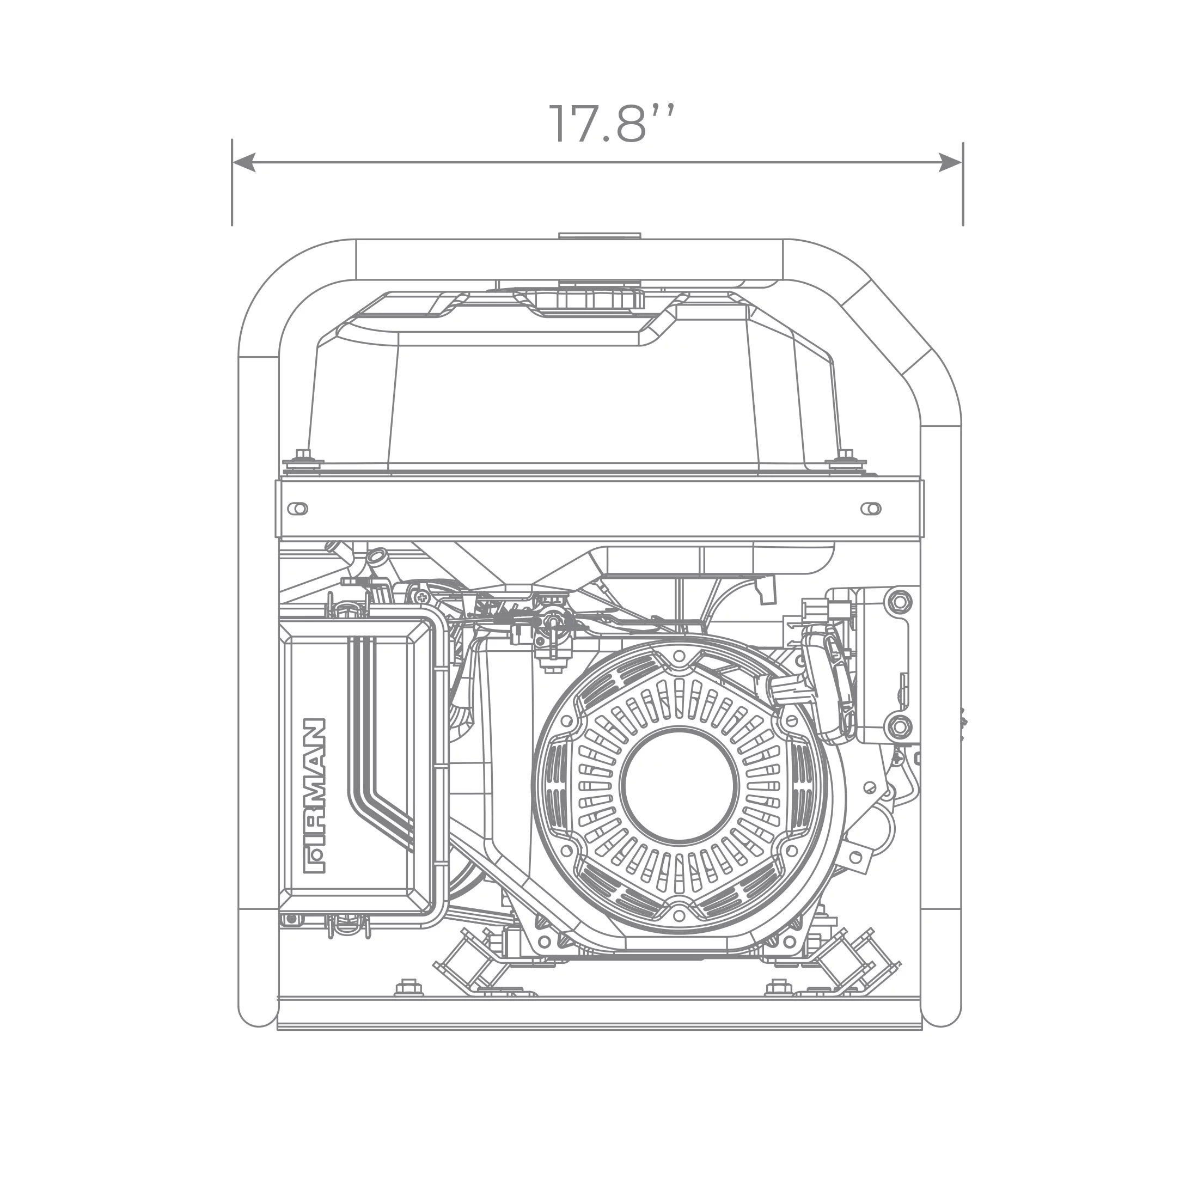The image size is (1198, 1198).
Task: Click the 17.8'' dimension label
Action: pyautogui.click(x=611, y=124)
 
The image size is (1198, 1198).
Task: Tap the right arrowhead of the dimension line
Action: pyautogui.click(x=951, y=162)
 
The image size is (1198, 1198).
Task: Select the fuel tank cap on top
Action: pyautogui.click(x=599, y=295)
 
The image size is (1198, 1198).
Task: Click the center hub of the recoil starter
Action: pyautogui.click(x=680, y=784)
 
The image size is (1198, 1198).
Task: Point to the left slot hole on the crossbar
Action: pyautogui.click(x=298, y=509)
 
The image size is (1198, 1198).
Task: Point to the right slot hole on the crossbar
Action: pyautogui.click(x=871, y=509)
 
